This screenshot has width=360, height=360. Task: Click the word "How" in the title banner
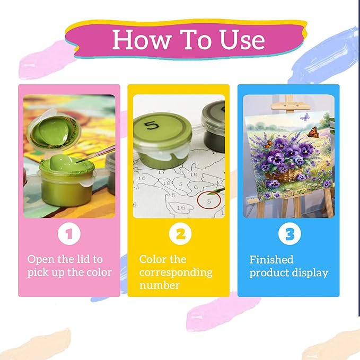(142, 39)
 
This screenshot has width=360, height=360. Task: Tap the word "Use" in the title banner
(242, 39)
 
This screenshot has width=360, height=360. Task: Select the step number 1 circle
(69, 234)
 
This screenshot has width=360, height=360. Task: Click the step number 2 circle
(180, 234)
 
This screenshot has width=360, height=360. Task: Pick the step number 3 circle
(289, 234)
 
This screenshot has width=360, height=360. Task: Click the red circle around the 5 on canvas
(209, 200)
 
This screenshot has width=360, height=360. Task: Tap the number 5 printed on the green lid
(152, 126)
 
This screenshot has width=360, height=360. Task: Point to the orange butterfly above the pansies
(313, 133)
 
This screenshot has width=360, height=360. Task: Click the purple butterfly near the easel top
(305, 117)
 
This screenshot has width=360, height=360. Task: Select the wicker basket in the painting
(284, 175)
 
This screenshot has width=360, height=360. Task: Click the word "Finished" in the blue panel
(271, 260)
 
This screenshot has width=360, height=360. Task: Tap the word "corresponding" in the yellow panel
(175, 273)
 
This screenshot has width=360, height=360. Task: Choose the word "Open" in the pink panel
(41, 260)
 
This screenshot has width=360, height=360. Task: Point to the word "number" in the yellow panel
(160, 285)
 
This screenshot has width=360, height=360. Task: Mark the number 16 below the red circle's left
(181, 208)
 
